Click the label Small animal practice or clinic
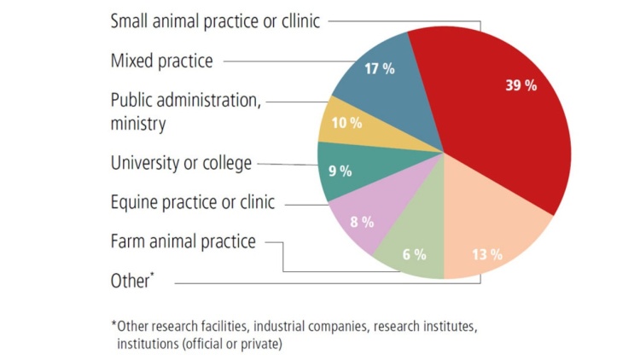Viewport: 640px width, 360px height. click(x=215, y=21)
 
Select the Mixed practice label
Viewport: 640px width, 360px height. click(x=161, y=61)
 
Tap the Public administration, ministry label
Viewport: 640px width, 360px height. click(x=185, y=111)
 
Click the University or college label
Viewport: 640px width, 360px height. click(x=180, y=161)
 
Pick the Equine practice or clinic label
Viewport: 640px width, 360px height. click(x=193, y=202)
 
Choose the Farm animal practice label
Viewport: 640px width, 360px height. click(x=183, y=241)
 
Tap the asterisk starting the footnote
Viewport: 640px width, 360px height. click(x=113, y=325)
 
